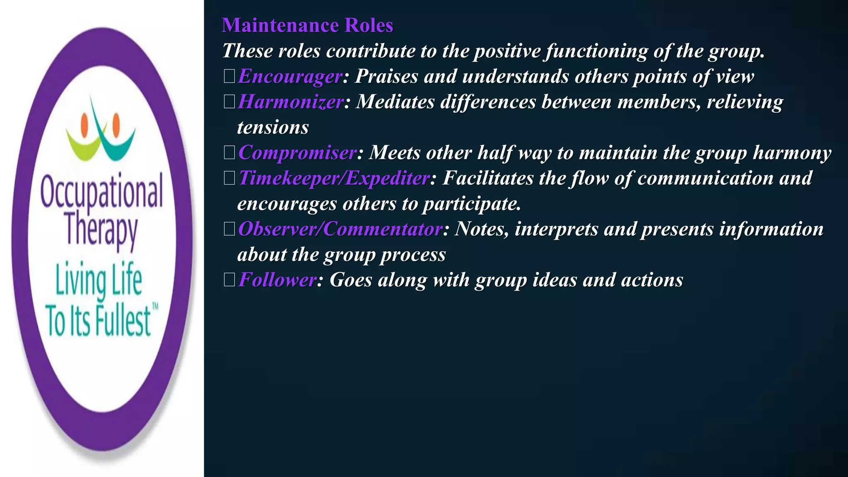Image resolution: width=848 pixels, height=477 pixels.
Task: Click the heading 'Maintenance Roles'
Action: (307, 25)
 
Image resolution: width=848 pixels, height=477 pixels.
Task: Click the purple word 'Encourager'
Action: (290, 76)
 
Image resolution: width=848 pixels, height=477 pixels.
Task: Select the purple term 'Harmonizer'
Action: (291, 102)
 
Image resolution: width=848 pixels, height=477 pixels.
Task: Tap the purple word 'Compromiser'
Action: (297, 153)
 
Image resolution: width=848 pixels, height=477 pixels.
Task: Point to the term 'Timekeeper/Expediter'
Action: (334, 178)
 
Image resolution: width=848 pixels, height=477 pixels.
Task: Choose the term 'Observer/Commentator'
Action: (340, 229)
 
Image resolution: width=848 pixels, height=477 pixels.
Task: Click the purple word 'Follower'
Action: (277, 280)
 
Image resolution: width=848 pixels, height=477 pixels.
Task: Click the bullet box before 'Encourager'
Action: (229, 77)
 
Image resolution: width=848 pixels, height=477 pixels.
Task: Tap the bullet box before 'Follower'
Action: (229, 280)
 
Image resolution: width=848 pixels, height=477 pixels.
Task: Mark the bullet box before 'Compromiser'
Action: (229, 153)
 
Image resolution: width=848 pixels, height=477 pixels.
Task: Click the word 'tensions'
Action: (273, 127)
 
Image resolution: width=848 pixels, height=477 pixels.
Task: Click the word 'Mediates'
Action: (395, 102)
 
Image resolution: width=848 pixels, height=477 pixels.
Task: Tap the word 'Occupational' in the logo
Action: (101, 192)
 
